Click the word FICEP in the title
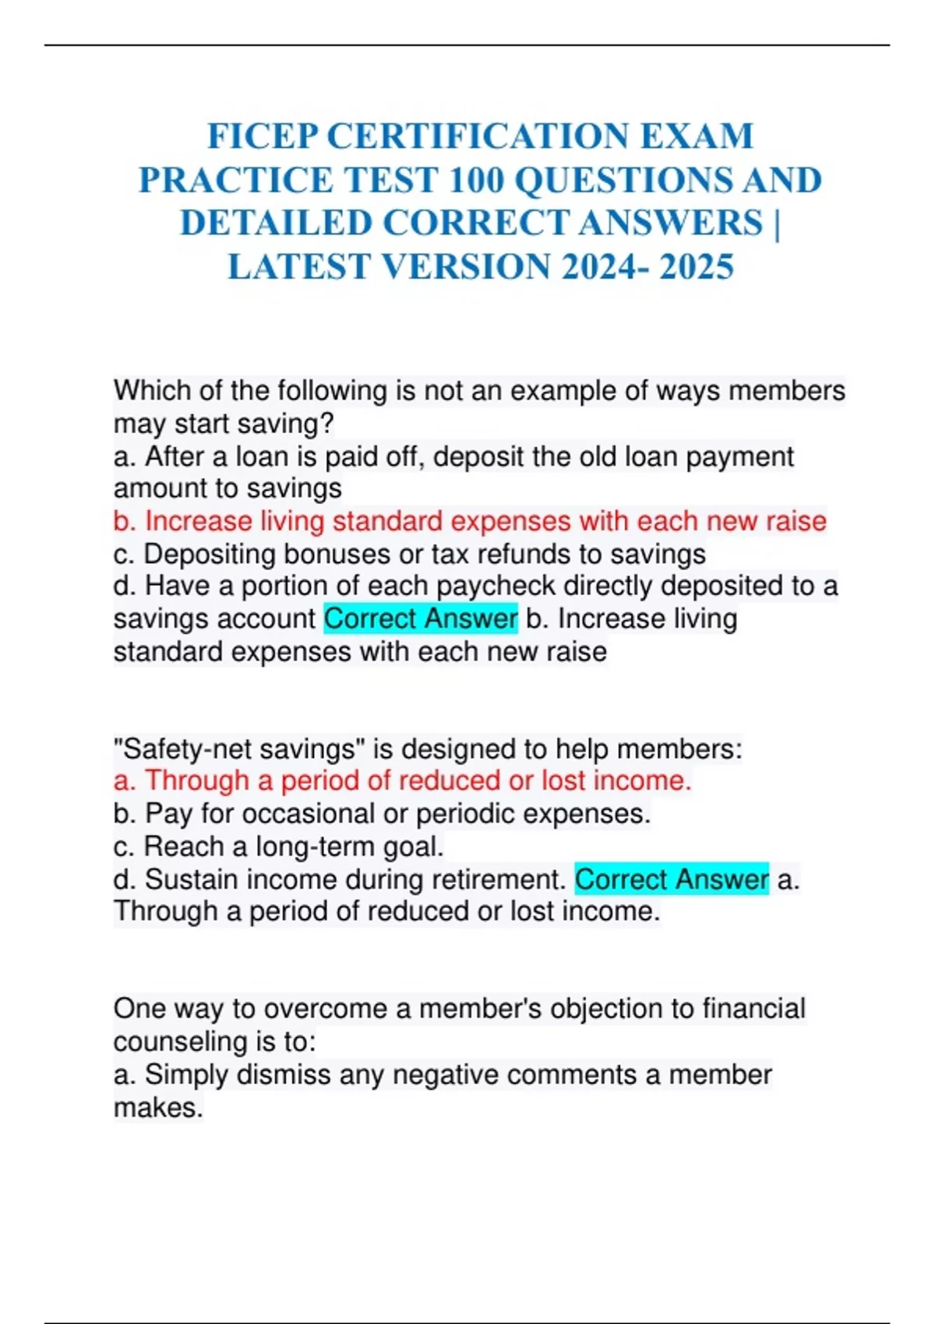(263, 136)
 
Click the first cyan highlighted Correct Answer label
(421, 619)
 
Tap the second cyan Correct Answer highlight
(672, 880)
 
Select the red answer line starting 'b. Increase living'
(469, 521)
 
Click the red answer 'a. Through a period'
(402, 780)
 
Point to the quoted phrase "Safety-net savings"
(239, 749)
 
